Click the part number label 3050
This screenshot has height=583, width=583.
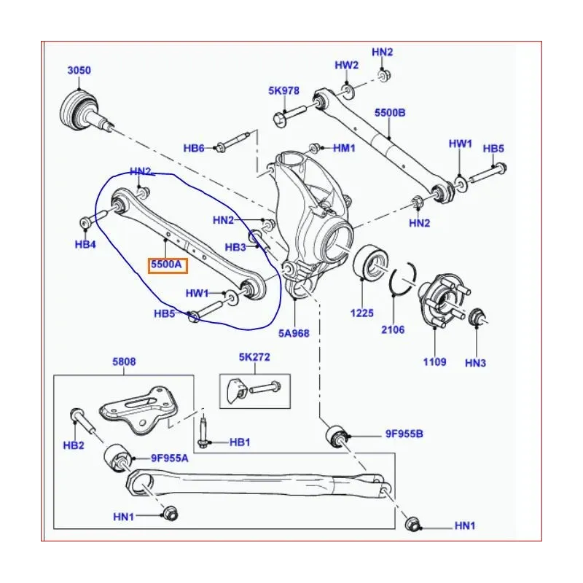pyautogui.click(x=79, y=71)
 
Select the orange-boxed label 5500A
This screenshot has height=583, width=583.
pyautogui.click(x=167, y=265)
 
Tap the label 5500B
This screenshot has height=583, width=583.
pyautogui.click(x=390, y=113)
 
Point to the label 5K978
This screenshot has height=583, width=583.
pyautogui.click(x=283, y=91)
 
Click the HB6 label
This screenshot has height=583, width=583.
pyautogui.click(x=194, y=149)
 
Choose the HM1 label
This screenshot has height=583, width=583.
pyautogui.click(x=344, y=148)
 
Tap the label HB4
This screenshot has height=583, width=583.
pyautogui.click(x=85, y=244)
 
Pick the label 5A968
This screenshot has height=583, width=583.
pyautogui.click(x=294, y=333)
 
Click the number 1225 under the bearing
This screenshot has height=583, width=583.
pyautogui.click(x=361, y=313)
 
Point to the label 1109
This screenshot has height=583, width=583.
pyautogui.click(x=434, y=361)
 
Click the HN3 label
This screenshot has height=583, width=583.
pyautogui.click(x=475, y=362)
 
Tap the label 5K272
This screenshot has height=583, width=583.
pyautogui.click(x=254, y=358)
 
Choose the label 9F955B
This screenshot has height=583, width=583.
pyautogui.click(x=404, y=434)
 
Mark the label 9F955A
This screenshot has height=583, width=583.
pyautogui.click(x=170, y=458)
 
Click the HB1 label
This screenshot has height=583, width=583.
pyautogui.click(x=240, y=442)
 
